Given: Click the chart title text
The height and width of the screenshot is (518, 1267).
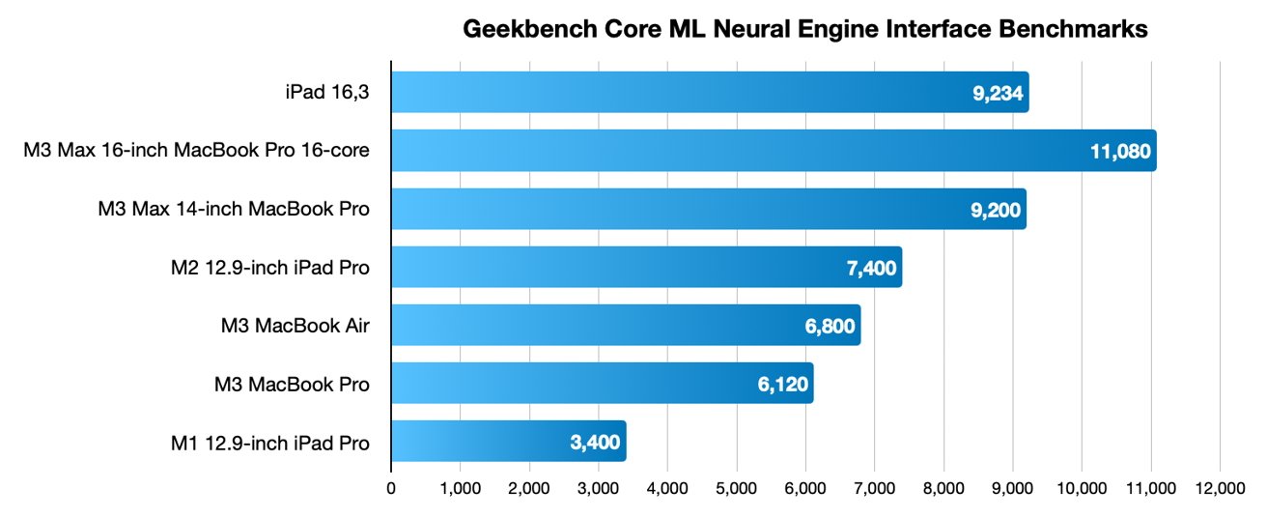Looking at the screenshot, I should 804,29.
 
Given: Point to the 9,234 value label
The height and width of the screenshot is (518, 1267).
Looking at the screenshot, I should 997,94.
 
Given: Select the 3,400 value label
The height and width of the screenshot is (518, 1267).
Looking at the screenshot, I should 594,443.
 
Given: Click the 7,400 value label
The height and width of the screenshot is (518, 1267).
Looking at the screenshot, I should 870,268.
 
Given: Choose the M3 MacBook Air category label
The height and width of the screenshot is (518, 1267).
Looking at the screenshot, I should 295,326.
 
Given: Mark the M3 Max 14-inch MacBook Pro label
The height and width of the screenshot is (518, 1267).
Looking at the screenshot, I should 234,210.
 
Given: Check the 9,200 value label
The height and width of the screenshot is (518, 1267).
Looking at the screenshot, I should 995,210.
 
